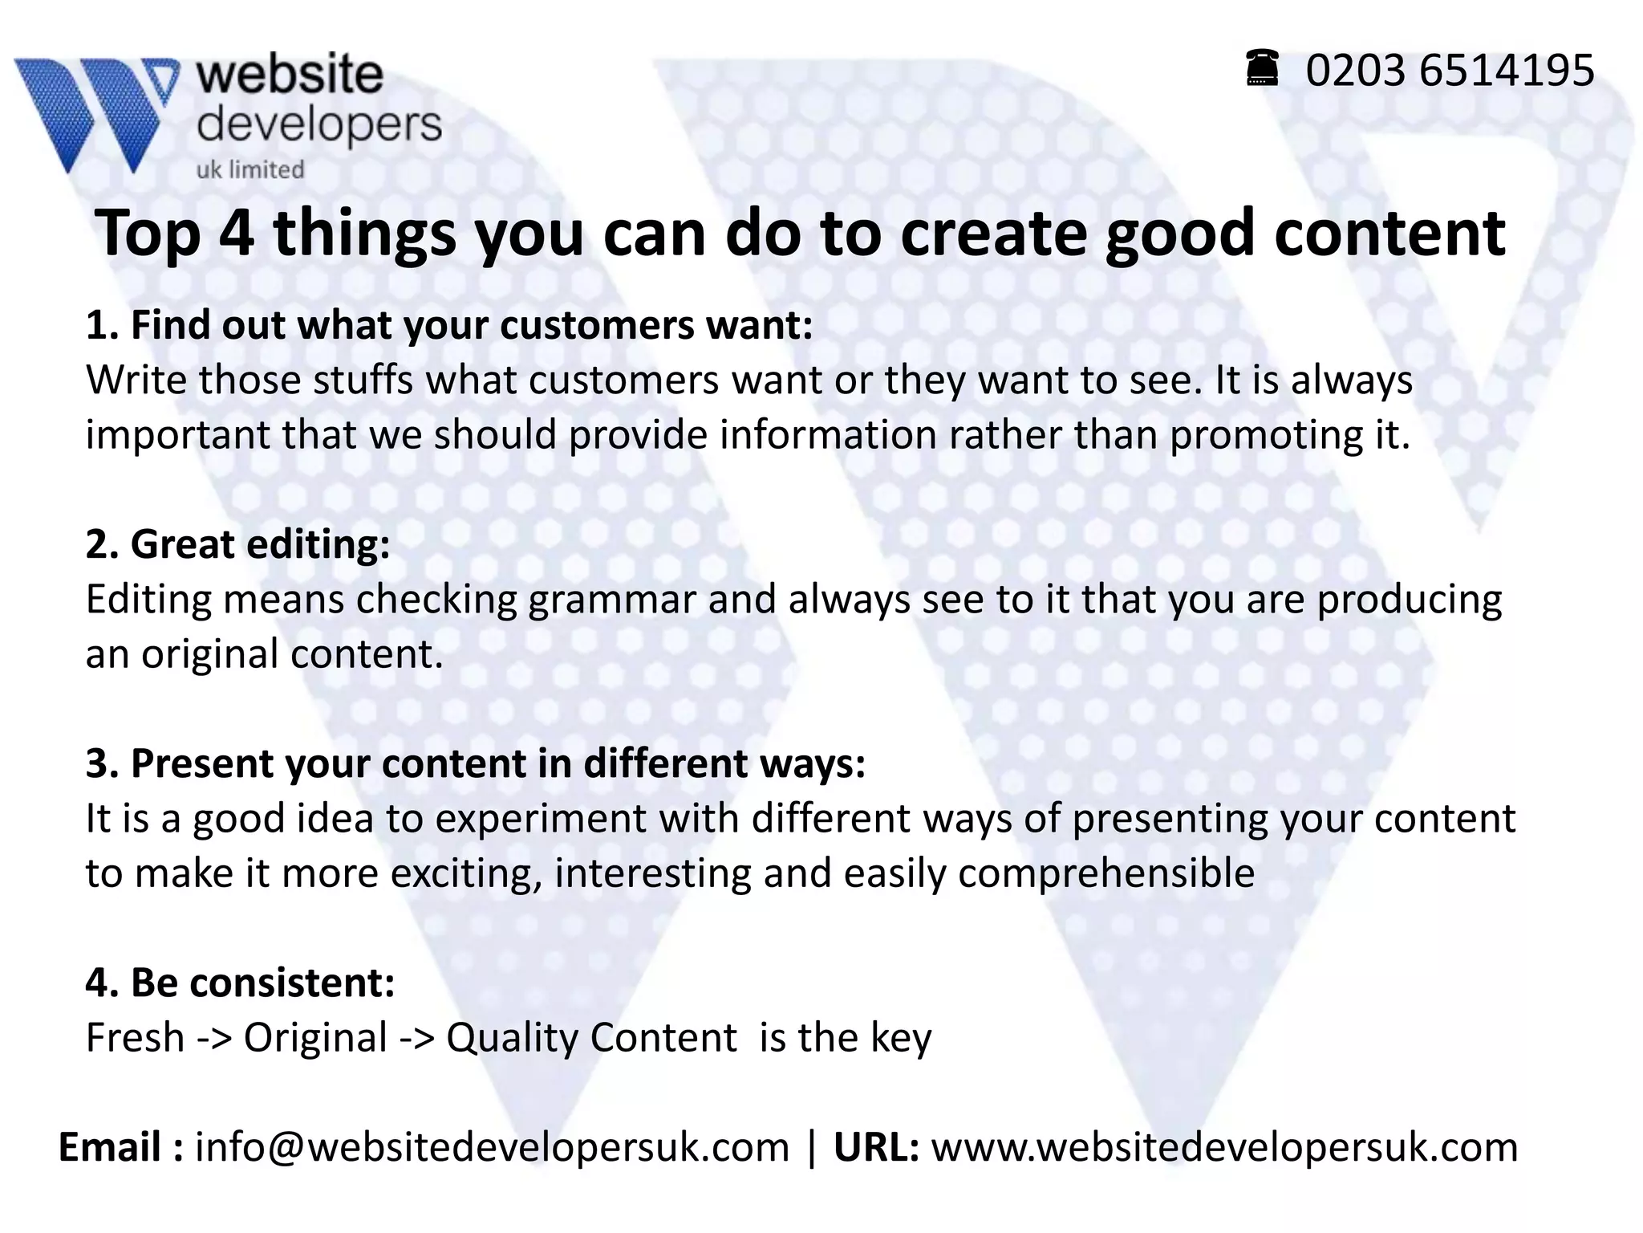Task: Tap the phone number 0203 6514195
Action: tap(1450, 71)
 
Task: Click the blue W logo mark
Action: tap(96, 112)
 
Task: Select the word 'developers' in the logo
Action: tap(319, 124)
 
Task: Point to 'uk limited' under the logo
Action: tap(250, 169)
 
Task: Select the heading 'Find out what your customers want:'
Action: tap(472, 325)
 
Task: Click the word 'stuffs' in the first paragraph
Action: tap(363, 380)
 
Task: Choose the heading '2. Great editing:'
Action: tap(238, 544)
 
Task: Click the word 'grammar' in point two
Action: tap(611, 600)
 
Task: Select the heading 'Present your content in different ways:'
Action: tap(498, 763)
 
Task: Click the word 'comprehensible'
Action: tap(1106, 873)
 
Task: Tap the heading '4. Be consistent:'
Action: tap(241, 983)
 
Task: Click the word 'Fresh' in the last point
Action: tap(135, 1037)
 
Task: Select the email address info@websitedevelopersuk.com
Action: tap(492, 1147)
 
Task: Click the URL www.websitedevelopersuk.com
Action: tap(1224, 1147)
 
